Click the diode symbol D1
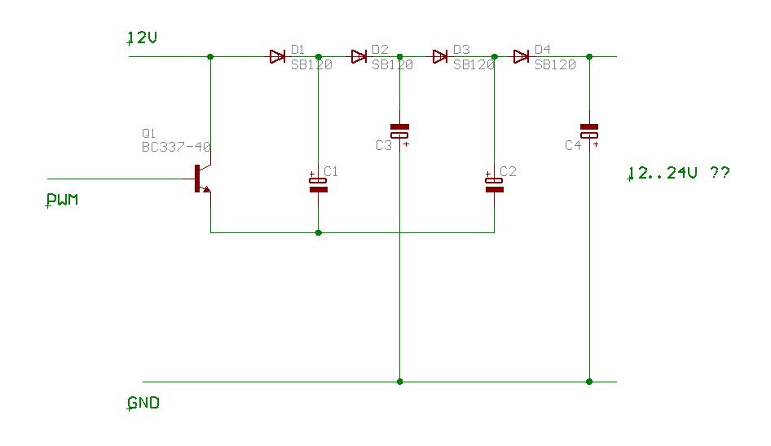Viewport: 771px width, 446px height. point(278,56)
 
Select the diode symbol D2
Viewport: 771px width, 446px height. point(359,56)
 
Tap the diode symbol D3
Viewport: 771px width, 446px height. point(440,56)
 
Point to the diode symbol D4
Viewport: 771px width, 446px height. point(522,56)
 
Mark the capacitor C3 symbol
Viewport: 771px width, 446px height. point(399,132)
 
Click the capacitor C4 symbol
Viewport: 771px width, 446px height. point(589,132)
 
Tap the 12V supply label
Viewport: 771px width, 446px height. point(142,38)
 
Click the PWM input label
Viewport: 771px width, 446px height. point(62,200)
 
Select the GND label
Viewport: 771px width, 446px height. point(143,404)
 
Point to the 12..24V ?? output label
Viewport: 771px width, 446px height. point(679,173)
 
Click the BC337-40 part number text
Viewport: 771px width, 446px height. point(176,147)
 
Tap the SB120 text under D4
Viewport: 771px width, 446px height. point(555,65)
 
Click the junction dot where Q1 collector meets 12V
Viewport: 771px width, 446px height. point(210,56)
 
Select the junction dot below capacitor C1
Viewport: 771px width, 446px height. point(319,232)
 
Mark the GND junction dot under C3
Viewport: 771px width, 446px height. point(399,382)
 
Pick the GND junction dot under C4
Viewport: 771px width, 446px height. point(589,382)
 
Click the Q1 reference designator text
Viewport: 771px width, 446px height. point(148,133)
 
